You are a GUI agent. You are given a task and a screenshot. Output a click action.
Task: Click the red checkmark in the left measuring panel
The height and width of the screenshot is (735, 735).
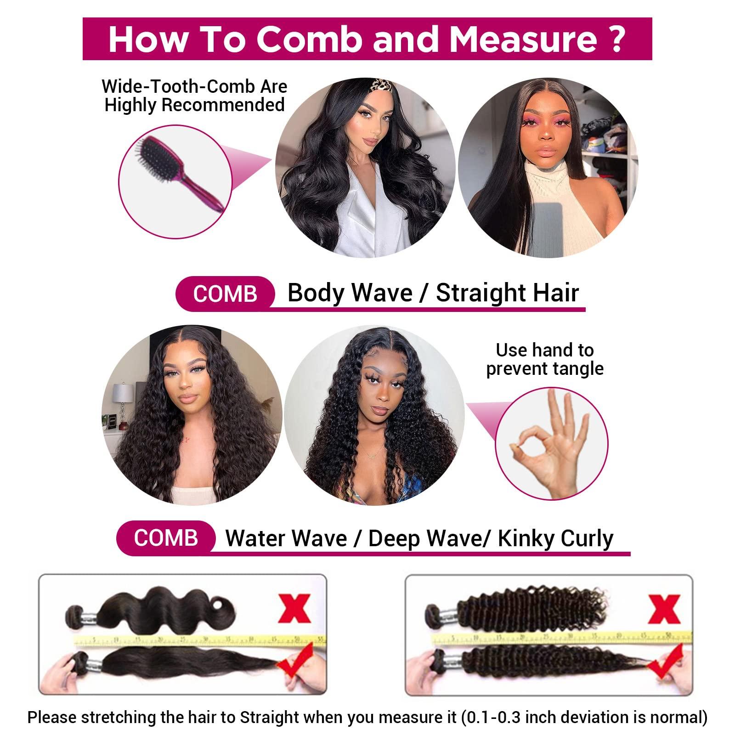point(294,663)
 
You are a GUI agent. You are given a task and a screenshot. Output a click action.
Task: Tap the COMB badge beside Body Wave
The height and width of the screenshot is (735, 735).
point(225,294)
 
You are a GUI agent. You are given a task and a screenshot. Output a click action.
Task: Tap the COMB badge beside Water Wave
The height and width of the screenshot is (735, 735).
point(166,537)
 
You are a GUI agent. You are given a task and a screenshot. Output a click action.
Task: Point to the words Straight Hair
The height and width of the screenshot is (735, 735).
point(507,293)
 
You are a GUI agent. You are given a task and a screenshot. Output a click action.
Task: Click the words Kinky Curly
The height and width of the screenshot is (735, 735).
point(555,538)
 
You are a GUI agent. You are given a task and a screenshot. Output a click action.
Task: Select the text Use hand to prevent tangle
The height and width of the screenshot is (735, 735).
point(545,359)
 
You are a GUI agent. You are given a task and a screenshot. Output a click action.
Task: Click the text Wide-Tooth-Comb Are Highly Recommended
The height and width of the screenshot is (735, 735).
point(195,96)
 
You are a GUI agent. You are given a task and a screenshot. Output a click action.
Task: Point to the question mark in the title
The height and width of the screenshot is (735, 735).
point(618,40)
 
